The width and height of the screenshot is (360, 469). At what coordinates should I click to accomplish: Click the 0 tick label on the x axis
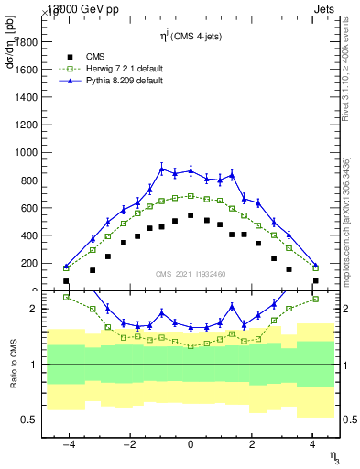(x=191, y=444)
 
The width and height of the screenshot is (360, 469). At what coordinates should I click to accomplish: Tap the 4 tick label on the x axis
(x=313, y=444)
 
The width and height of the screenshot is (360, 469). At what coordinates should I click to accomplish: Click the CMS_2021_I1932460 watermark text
(x=191, y=273)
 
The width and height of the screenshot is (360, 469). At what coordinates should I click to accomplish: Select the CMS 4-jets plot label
(x=191, y=37)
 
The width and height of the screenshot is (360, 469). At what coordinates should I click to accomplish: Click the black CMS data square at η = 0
(x=191, y=215)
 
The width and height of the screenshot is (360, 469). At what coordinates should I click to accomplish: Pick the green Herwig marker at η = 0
(x=191, y=195)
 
